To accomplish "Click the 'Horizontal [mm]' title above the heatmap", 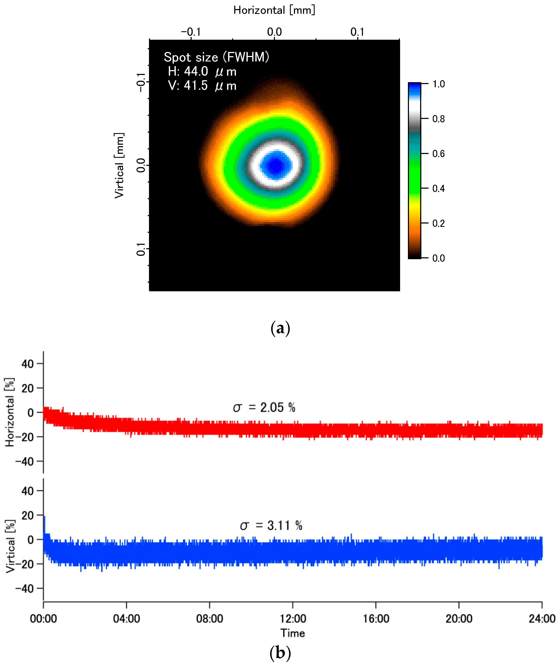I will coord(274,10).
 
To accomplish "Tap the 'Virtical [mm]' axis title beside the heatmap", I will coord(119,165).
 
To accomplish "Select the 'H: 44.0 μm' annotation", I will coord(202,71).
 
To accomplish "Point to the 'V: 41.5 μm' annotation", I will coord(202,86).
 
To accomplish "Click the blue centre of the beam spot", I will coord(276,165).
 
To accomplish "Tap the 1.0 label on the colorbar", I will coord(439,84).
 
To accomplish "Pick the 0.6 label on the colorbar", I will coord(439,154).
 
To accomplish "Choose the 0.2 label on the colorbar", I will coord(439,223).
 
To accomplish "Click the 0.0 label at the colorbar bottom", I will coord(439,258).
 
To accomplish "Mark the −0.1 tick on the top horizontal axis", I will coord(191,32).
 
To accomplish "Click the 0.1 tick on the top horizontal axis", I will coord(357,32).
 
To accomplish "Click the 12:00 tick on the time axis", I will coord(292,619).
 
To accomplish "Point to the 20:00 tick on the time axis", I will coord(459,619).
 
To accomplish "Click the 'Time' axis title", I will coord(292,633).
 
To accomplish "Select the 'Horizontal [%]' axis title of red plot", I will coord(10,412).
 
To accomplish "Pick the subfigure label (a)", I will coord(280,328).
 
